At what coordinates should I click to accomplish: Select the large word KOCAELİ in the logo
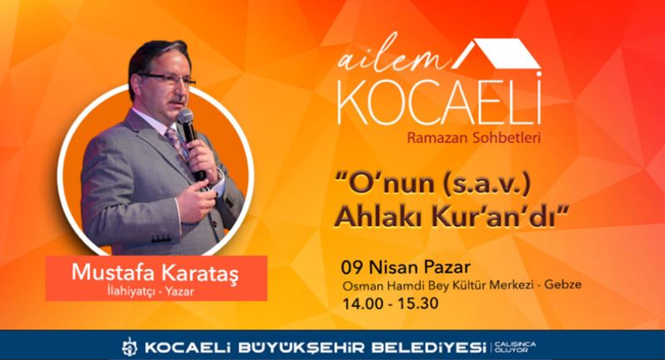coord(439,106)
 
